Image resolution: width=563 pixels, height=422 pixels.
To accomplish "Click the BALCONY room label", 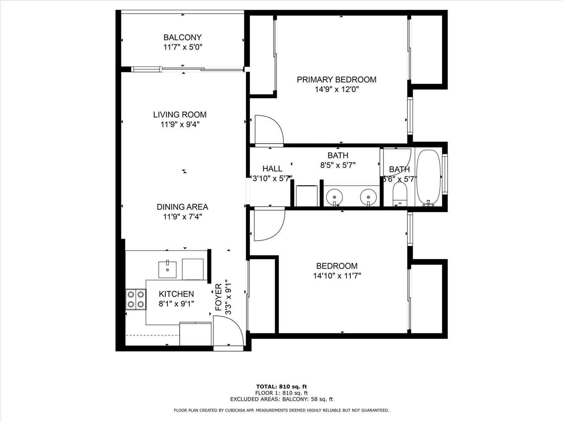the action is coord(182,37).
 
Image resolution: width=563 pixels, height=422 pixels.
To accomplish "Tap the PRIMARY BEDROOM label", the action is coord(336,80).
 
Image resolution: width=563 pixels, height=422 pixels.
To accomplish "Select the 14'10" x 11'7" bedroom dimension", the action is coord(337,276).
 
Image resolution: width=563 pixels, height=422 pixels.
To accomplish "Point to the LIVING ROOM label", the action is coord(180,115).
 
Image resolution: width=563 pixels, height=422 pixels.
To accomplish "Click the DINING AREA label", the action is coord(182,207).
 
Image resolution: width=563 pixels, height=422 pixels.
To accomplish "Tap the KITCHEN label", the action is coord(176,294).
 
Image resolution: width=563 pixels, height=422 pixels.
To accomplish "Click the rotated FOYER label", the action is coord(218,297).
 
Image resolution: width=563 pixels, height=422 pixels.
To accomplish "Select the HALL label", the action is coord(272,168).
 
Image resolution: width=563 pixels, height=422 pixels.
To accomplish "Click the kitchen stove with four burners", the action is coord(136,299).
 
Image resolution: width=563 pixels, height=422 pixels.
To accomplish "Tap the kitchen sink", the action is coord(167,269).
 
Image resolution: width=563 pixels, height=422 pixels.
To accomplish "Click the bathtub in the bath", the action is coord(429,178).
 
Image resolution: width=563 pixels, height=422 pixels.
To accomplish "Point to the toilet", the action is coord(400,194).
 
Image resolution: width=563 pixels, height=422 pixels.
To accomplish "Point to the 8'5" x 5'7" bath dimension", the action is coord(338,165).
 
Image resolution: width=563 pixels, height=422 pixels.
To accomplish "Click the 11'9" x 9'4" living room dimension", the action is coord(180,124).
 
